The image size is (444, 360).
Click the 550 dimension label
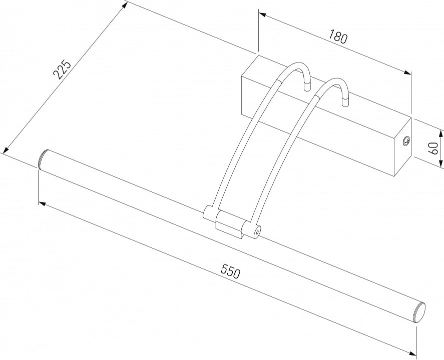231,271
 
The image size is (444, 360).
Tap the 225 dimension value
62,69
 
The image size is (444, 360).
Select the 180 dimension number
337,36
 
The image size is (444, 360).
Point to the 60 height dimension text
433,148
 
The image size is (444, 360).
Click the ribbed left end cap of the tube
42,159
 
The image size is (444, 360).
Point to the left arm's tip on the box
307,86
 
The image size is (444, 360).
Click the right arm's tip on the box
345,102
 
